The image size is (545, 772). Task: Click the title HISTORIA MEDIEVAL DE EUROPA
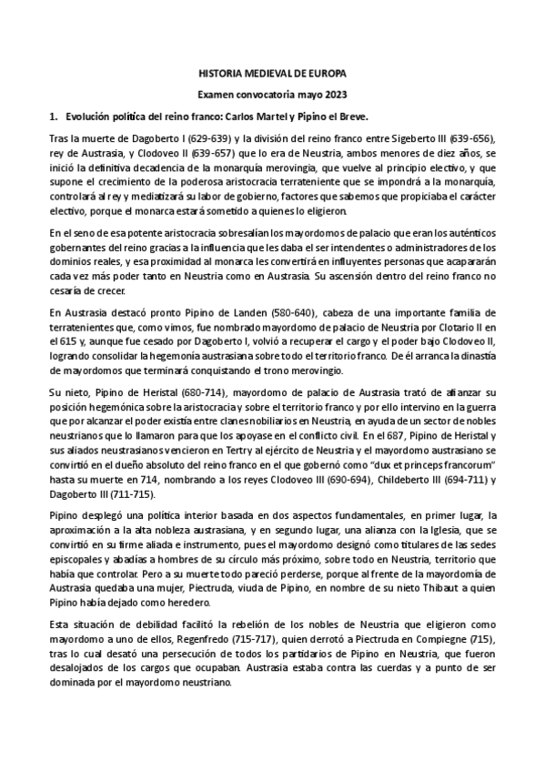[x=272, y=72]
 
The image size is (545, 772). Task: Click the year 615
[x=70, y=340]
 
